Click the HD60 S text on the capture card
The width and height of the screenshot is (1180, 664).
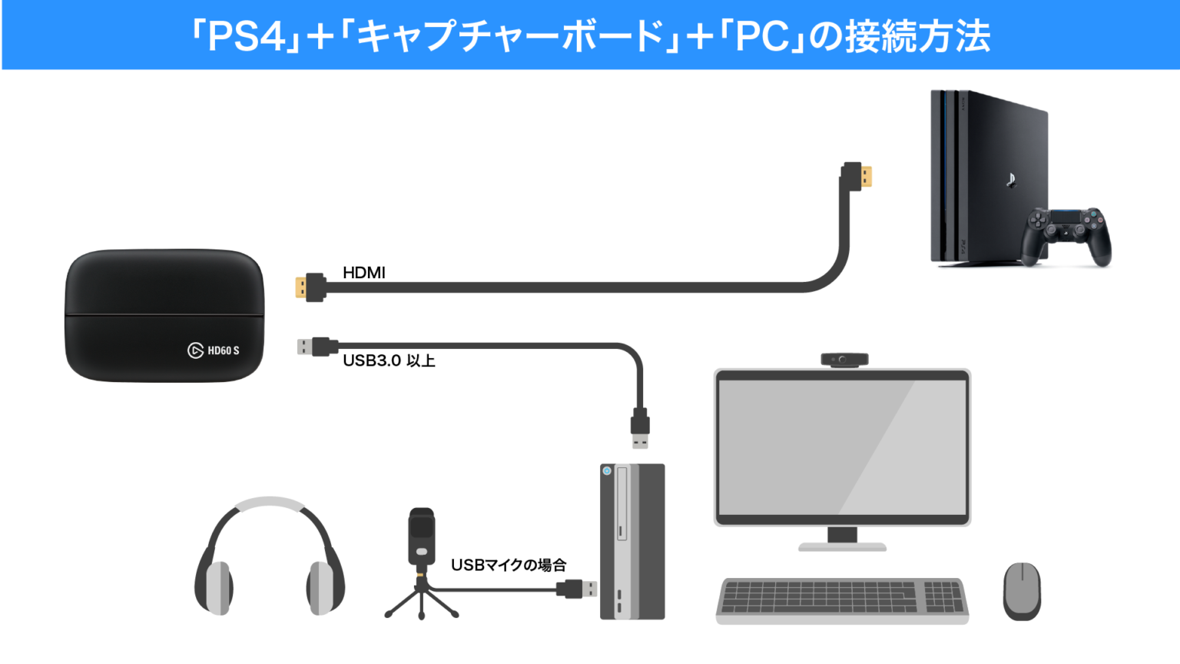point(224,350)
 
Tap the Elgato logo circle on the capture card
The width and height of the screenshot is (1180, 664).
point(195,350)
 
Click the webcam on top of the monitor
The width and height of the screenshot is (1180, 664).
point(844,359)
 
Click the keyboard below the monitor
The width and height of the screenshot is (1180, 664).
point(842,600)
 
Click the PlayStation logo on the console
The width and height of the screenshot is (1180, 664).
point(1010,181)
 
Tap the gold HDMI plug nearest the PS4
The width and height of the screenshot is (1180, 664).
point(866,177)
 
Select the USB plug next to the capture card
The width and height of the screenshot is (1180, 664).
point(307,347)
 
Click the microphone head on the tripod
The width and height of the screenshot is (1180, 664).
point(422,530)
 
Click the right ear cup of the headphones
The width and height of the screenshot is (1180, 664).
point(323,587)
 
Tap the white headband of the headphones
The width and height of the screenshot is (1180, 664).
point(269,504)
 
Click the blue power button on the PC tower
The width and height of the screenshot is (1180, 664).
point(607,470)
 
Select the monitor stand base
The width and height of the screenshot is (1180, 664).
point(842,546)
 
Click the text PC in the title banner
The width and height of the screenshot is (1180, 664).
point(761,37)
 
